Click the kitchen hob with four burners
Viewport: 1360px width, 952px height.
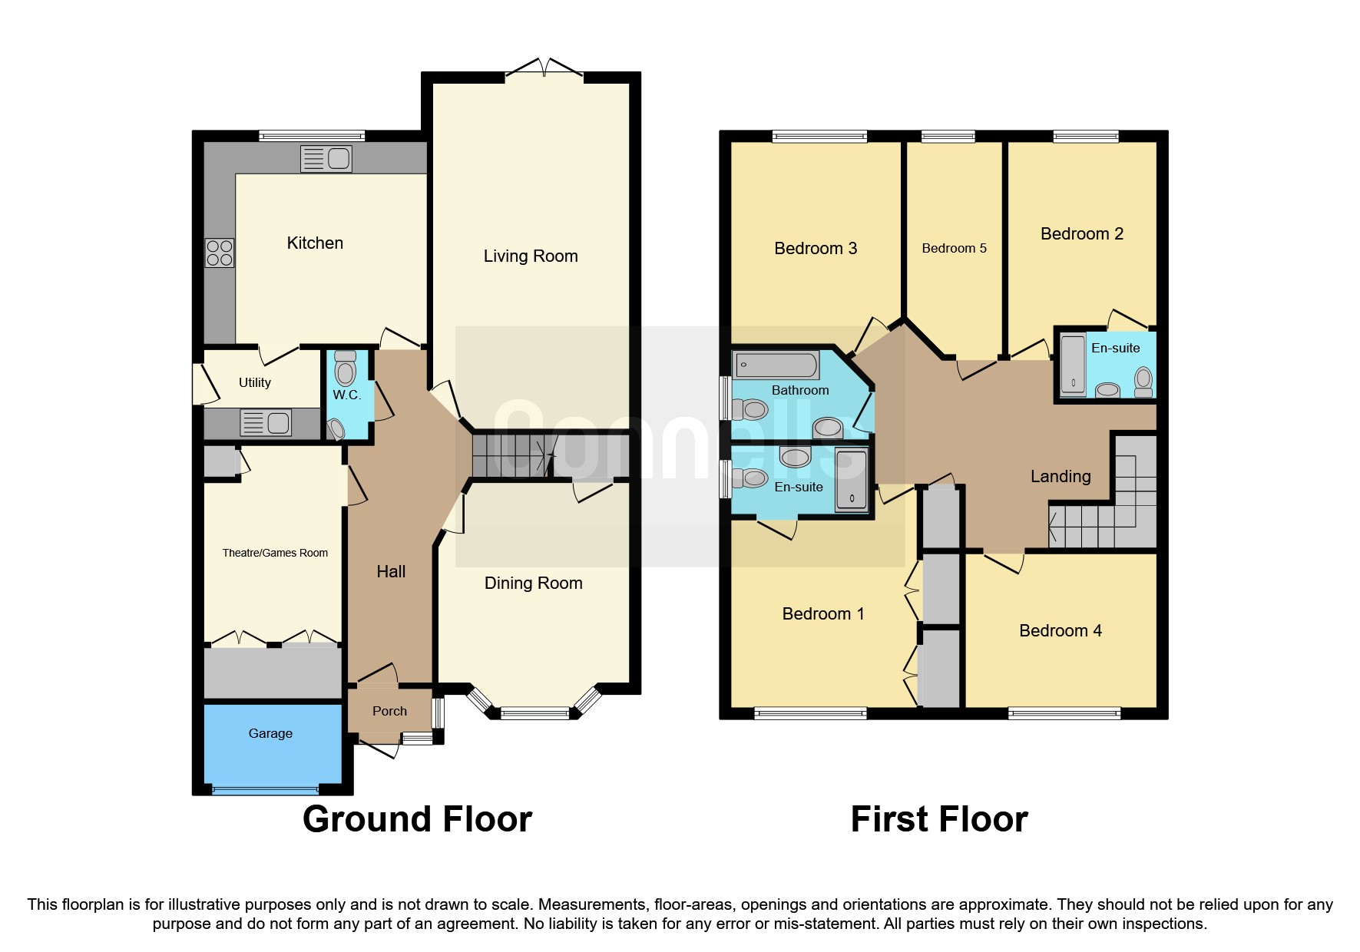(220, 253)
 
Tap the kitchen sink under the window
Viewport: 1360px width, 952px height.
(326, 159)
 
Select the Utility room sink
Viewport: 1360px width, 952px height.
(266, 422)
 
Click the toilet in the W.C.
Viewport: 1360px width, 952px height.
(346, 370)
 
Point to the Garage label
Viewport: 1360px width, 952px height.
(270, 733)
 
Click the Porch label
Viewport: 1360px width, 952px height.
(389, 711)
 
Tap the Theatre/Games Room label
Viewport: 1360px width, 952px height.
(275, 553)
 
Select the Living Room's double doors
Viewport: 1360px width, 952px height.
(544, 69)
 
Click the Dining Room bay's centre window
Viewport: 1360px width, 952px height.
(535, 714)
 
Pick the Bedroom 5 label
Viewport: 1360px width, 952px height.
(954, 248)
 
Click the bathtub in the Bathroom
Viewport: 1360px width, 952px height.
(776, 365)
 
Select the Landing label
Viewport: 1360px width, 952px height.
(1060, 476)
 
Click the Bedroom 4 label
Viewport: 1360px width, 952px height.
(1060, 630)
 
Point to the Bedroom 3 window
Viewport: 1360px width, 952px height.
(819, 137)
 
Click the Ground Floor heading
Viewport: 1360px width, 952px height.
(417, 819)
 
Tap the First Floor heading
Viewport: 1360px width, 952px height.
(938, 819)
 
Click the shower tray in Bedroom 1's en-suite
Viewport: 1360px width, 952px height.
(851, 480)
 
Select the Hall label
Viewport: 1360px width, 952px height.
(391, 571)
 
